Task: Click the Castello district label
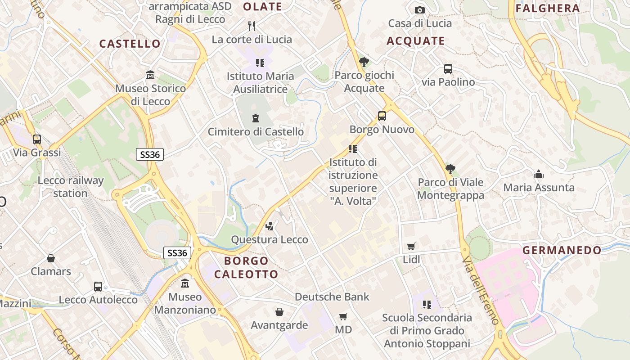click(130, 44)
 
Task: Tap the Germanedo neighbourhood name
click(562, 250)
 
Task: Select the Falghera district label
click(548, 8)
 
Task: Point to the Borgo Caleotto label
click(246, 267)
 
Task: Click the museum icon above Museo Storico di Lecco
click(150, 75)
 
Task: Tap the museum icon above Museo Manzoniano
click(185, 283)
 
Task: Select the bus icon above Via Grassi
click(37, 139)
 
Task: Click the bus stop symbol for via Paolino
click(448, 69)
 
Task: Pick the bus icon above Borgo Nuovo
click(382, 116)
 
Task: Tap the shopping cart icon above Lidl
click(411, 246)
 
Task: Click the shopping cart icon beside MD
click(343, 317)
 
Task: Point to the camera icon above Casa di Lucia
click(419, 10)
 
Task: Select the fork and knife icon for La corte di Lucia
click(252, 26)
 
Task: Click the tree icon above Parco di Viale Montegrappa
click(450, 169)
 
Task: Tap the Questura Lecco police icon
click(270, 226)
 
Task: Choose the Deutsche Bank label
click(332, 297)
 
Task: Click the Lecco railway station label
click(71, 187)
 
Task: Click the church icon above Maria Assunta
click(539, 174)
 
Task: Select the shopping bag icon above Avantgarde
click(279, 312)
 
